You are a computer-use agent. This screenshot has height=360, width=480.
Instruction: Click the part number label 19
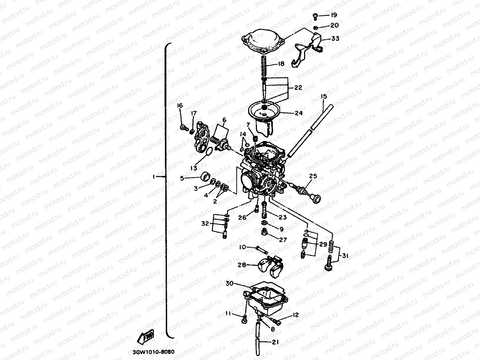(x=333, y=15)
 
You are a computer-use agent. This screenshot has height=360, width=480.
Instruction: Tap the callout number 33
(x=335, y=38)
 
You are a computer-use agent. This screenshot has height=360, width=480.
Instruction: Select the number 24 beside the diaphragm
(x=298, y=113)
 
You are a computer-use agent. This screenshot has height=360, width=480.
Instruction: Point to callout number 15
(x=323, y=97)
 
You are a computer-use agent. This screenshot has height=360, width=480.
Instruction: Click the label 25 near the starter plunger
(x=313, y=176)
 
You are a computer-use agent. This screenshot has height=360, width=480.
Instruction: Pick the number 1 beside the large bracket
(x=154, y=177)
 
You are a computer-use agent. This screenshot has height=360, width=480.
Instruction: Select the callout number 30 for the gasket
(x=230, y=284)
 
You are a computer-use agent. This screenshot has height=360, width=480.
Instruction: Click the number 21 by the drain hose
(x=275, y=342)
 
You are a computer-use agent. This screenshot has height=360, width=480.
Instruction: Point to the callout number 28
(x=242, y=265)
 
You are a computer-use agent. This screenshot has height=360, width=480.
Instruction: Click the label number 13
(x=194, y=168)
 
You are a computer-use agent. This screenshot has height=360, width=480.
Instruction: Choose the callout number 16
(x=180, y=106)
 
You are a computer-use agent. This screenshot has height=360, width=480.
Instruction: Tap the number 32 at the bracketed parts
(x=205, y=223)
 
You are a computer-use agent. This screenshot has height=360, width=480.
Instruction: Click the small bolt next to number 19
(x=315, y=15)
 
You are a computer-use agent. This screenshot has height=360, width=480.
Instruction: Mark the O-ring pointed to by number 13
(x=208, y=152)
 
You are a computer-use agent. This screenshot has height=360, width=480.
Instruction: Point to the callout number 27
(x=283, y=240)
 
